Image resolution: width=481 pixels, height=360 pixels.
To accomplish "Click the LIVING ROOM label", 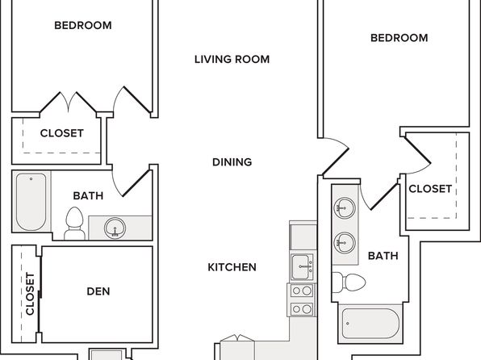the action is click(232, 59).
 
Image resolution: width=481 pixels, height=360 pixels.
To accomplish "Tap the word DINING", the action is click(232, 162).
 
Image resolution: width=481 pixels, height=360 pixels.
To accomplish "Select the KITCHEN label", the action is click(232, 267).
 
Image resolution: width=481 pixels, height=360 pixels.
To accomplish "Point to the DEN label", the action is click(98, 291).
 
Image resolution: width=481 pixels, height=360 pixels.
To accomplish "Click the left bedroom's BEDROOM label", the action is click(83, 26).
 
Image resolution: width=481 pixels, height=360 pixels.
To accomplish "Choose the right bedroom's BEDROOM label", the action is click(399, 38).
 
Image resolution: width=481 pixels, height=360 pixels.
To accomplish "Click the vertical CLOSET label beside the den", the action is click(30, 294).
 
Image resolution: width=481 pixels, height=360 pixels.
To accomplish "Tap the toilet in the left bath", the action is click(74, 224).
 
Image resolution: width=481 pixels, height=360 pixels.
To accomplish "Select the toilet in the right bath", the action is click(349, 282).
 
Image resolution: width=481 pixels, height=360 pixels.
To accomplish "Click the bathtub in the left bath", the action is click(31, 202).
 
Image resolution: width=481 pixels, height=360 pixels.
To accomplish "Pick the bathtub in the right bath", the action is click(370, 324).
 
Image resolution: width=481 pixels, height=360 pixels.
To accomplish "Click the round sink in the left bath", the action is click(115, 228).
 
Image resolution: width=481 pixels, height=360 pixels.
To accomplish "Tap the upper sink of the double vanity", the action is click(345, 208).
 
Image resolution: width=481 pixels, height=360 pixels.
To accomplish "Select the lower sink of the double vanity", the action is click(345, 243).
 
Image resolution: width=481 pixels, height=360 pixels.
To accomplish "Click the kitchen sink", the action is click(302, 267).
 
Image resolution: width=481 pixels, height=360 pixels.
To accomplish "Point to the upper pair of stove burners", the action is click(302, 291).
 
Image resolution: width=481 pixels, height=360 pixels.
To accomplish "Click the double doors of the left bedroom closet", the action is click(68, 103).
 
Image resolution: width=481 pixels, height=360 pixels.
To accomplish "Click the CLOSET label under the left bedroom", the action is click(61, 133).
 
